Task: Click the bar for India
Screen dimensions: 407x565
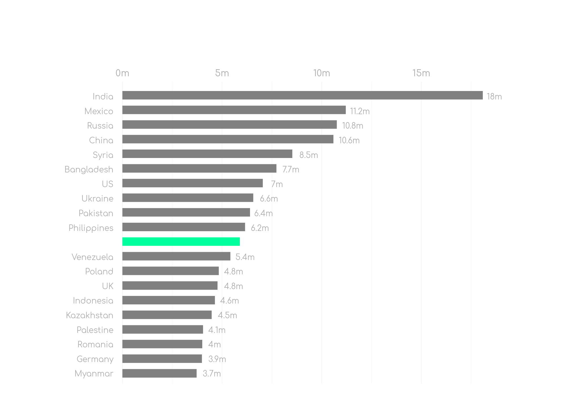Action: point(302,95)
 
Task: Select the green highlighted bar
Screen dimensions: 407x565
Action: point(181,242)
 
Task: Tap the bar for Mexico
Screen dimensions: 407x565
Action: point(234,110)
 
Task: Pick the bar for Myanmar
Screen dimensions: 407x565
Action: point(159,373)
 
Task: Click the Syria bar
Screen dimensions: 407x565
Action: point(207,154)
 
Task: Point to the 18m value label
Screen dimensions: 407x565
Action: point(494,97)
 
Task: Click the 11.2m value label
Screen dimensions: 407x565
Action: point(360,111)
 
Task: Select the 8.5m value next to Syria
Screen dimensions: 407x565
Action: point(308,155)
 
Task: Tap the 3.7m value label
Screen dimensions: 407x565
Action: point(212,374)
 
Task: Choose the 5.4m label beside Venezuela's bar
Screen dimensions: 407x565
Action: point(245,257)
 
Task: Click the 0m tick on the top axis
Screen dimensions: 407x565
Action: point(122,73)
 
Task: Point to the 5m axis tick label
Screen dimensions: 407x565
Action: point(222,73)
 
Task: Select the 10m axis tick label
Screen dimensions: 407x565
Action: point(321,73)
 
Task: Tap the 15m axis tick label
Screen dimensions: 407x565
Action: point(421,73)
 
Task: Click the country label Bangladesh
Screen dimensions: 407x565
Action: point(89,170)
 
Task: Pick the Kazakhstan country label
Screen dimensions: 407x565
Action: point(89,315)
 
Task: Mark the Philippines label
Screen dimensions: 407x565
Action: point(91,228)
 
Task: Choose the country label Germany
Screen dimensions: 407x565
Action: point(95,359)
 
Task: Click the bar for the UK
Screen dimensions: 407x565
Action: point(170,285)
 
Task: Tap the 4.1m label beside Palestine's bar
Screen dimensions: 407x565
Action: point(217,330)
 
